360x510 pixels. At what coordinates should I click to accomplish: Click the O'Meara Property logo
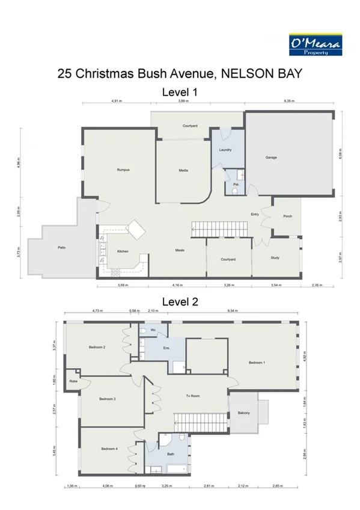point(316,44)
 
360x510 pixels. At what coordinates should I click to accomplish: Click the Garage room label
point(270,158)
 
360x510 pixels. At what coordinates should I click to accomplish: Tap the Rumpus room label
point(123,170)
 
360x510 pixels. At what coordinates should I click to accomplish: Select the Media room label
point(184,171)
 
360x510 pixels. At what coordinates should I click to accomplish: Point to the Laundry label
point(225,150)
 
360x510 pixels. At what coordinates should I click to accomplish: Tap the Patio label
point(61,247)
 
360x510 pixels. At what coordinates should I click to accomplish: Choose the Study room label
point(276,257)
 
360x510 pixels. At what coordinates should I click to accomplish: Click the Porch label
point(287,216)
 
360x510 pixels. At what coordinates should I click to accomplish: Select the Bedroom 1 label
point(257,363)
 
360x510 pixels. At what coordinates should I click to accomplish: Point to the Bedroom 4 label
point(108,449)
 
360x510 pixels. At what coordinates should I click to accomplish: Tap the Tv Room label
point(192,395)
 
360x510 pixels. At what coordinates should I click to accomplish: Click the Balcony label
point(243,413)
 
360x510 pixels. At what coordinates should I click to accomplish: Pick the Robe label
point(73,381)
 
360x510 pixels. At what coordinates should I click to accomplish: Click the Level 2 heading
point(180,301)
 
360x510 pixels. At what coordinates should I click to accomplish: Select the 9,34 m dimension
point(232,311)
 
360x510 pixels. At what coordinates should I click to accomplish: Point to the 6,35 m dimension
point(289,102)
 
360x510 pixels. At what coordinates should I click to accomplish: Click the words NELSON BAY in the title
point(262,74)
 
